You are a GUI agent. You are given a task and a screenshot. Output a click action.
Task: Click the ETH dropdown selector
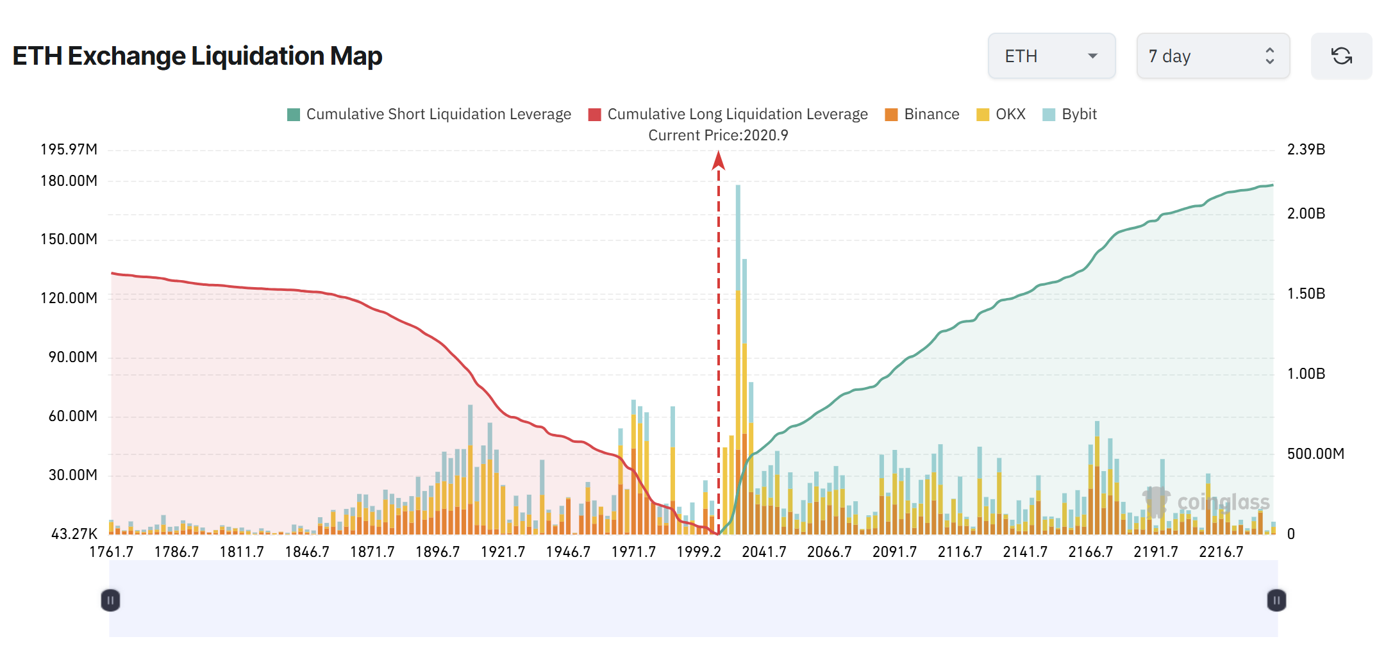1051,56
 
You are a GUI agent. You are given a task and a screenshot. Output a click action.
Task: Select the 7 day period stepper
1212,56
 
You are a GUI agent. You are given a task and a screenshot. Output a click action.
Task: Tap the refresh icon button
1341,56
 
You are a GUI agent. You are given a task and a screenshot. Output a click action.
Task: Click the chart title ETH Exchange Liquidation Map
197,56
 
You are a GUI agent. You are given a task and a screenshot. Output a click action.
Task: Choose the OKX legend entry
1001,114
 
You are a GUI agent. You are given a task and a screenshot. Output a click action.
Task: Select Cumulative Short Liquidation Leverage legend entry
429,114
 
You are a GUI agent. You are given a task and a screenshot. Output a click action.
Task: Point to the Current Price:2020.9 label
718,135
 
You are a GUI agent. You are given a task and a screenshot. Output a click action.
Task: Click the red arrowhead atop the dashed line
719,160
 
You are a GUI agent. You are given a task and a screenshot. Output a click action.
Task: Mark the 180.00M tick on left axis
69,181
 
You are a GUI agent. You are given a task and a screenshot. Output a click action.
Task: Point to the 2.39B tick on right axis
1306,149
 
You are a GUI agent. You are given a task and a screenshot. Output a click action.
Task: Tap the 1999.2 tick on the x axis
699,552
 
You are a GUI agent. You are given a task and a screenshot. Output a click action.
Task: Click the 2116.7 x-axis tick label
960,552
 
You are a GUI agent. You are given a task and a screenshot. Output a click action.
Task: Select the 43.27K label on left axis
74,534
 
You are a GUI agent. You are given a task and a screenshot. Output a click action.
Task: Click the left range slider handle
110,601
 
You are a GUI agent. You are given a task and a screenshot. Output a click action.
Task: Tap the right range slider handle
1276,601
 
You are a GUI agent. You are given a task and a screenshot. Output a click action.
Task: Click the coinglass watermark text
1223,502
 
